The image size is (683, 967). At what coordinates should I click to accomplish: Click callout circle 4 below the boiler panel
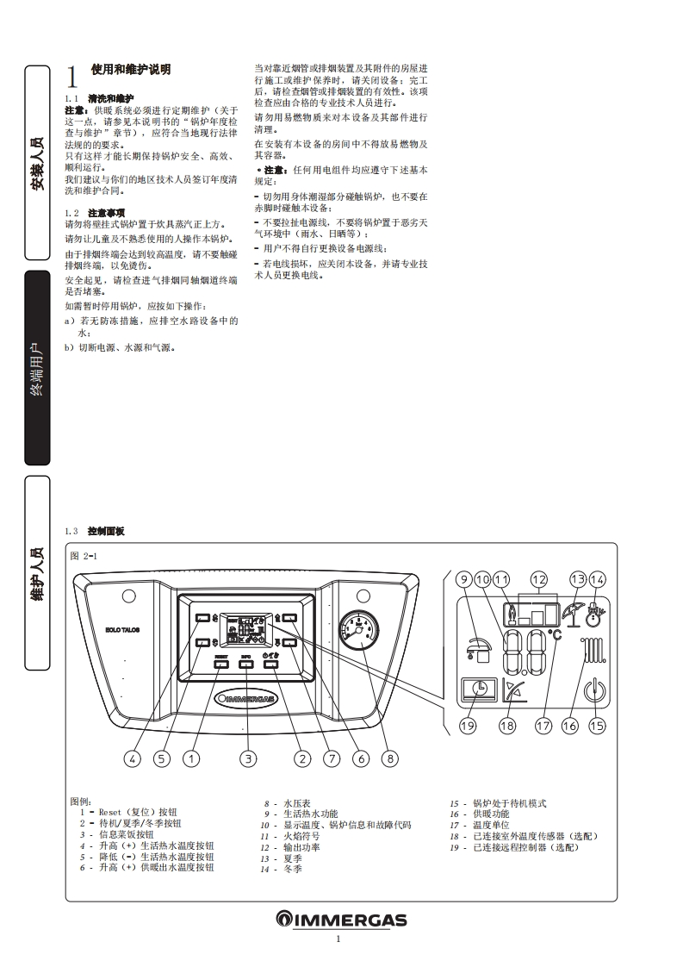point(132,758)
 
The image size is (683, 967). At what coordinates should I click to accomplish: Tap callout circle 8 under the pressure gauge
point(391,758)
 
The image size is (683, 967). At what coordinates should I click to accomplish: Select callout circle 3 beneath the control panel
point(248,758)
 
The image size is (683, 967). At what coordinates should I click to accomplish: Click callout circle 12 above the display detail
point(539,579)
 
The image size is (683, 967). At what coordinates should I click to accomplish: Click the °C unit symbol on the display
point(556,634)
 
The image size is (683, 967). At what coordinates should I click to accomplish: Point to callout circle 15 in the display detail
point(597,726)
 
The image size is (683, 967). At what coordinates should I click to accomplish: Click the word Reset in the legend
point(110,812)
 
